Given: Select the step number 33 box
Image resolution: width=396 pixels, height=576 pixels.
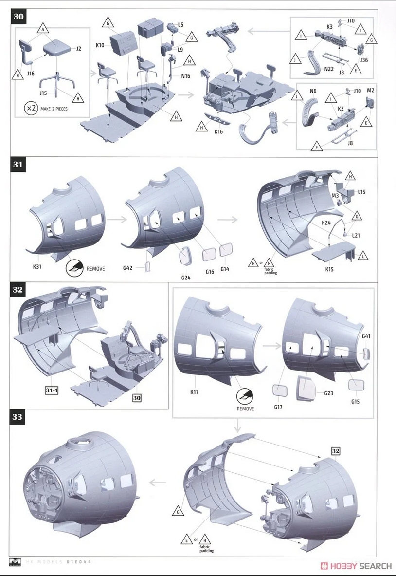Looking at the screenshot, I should [x=18, y=417].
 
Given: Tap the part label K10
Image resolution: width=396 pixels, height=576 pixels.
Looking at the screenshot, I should [x=100, y=45].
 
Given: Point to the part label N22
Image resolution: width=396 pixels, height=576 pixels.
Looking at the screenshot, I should [x=328, y=70].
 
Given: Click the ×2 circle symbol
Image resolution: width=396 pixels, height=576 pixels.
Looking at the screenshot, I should [x=31, y=108].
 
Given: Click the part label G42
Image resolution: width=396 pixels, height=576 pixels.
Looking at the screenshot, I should [x=127, y=268].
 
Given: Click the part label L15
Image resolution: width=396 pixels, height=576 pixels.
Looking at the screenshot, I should [x=361, y=192].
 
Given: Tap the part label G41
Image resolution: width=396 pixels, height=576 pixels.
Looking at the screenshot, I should [x=366, y=336].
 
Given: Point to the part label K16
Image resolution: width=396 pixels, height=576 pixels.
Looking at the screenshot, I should [x=218, y=130].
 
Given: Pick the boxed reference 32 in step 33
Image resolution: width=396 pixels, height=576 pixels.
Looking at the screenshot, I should [x=336, y=451].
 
